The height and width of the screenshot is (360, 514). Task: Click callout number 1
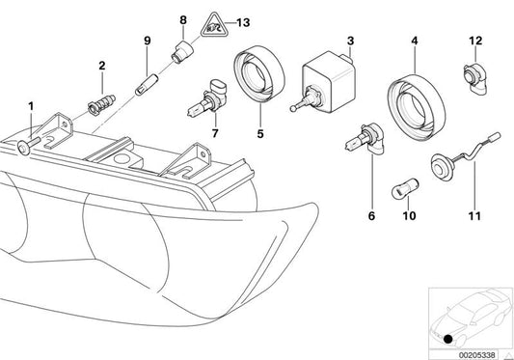(x=31, y=105)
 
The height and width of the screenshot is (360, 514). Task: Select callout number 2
(x=100, y=66)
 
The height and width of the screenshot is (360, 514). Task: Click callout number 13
(x=243, y=21)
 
